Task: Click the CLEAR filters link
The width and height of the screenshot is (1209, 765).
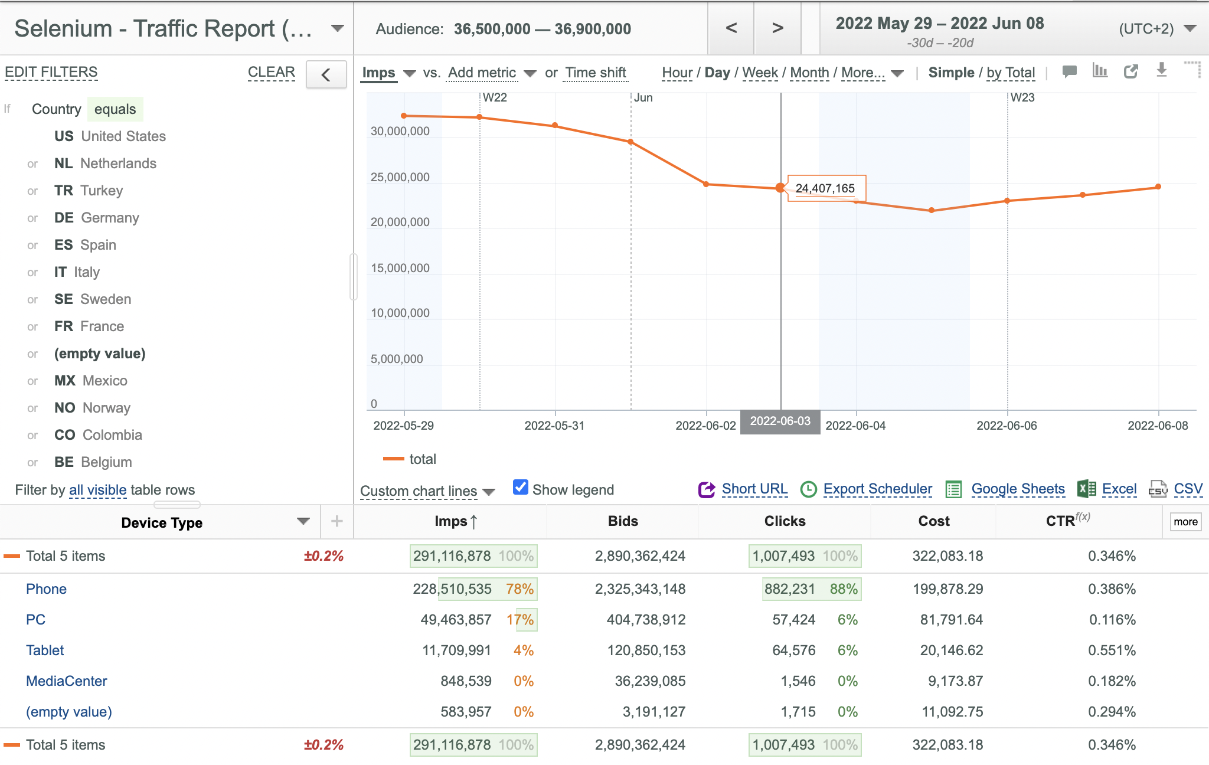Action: click(272, 72)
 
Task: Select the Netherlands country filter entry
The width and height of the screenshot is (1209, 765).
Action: click(105, 164)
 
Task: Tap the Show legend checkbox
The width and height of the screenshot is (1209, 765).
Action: click(521, 487)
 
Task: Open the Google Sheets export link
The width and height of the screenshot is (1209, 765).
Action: click(1018, 489)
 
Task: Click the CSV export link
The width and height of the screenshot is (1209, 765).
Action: click(1188, 489)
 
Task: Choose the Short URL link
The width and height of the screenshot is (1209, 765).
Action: click(754, 489)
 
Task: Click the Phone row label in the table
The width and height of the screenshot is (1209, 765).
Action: click(46, 589)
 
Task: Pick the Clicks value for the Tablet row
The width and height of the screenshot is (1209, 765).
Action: click(794, 650)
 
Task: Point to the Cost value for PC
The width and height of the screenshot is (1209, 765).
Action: click(952, 620)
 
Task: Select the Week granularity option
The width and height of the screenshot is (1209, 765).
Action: click(760, 73)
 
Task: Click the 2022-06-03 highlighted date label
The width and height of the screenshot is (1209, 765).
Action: click(780, 421)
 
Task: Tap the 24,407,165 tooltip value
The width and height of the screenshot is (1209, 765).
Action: click(825, 188)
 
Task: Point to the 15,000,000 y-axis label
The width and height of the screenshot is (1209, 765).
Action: click(400, 268)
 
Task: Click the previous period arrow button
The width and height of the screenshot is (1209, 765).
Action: click(731, 28)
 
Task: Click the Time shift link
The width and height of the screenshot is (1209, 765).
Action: click(595, 73)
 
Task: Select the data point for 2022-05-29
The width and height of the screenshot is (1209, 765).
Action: click(404, 116)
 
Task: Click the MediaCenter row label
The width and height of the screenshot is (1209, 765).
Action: click(67, 681)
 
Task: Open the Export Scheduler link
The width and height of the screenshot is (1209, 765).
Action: click(877, 489)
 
